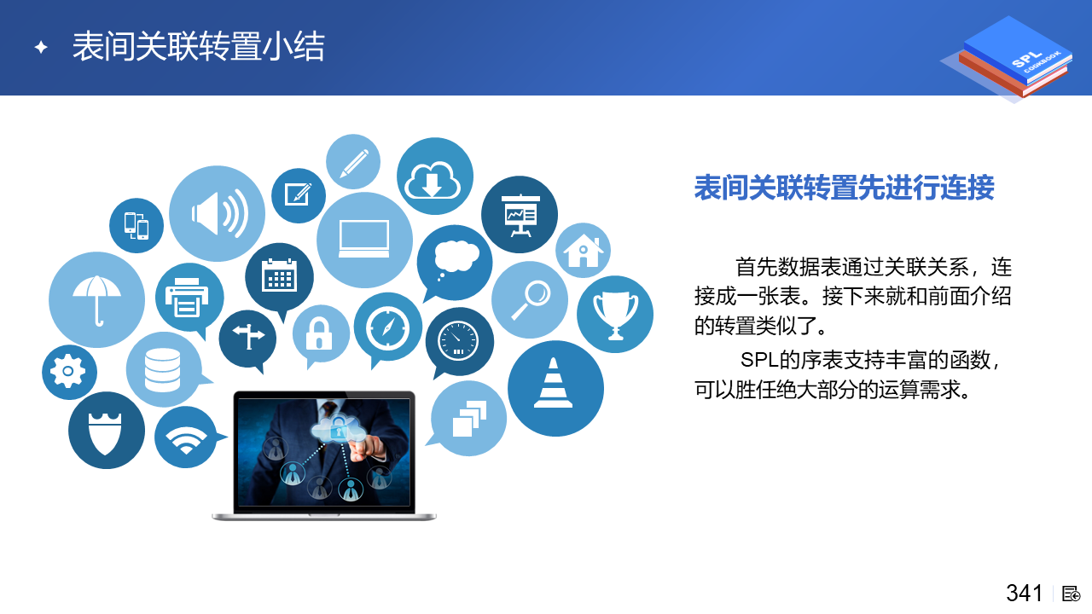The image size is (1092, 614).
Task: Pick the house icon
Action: coord(583,251)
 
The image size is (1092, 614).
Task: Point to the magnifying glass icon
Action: coord(530,299)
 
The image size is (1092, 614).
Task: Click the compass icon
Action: coord(387,329)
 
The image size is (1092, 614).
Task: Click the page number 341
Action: coord(1024,594)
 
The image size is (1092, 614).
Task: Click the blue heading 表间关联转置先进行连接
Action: coord(844,188)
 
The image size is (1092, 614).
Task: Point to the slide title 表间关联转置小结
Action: coord(199,47)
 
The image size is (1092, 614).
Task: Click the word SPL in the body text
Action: coord(759,360)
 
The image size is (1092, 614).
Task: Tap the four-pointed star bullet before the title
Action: coord(41,47)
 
